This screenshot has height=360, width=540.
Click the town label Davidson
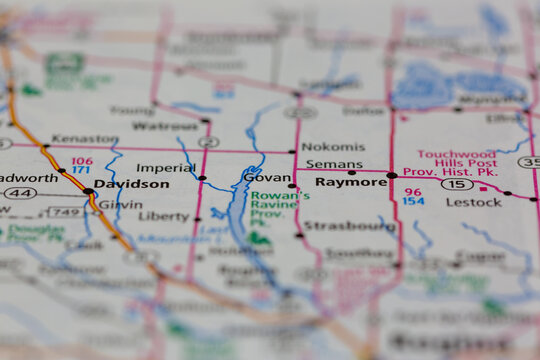(x=132, y=184)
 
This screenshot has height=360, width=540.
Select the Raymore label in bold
(x=351, y=182)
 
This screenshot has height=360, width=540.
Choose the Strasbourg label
(x=349, y=226)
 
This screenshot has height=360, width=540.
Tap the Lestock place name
(x=473, y=202)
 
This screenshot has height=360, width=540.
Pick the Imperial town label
(x=166, y=168)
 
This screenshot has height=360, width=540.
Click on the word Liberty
(x=164, y=216)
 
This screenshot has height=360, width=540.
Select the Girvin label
(x=120, y=203)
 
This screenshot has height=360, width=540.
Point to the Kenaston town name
(x=85, y=138)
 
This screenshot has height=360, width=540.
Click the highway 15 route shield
(x=457, y=184)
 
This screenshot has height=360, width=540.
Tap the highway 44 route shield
(x=20, y=192)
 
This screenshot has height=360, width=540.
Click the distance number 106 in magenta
(x=82, y=160)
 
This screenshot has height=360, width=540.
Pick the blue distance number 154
(x=413, y=201)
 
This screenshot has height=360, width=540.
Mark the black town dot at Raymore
(x=392, y=175)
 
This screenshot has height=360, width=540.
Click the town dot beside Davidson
(x=89, y=190)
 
